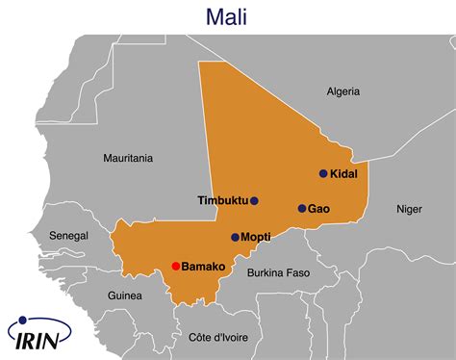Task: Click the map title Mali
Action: click(227, 16)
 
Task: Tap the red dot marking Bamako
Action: click(175, 266)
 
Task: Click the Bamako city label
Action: click(203, 266)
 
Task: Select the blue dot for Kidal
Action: click(323, 174)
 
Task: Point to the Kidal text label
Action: click(344, 174)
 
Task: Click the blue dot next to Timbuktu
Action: click(254, 201)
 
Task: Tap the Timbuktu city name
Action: click(222, 201)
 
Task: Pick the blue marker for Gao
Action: click(301, 208)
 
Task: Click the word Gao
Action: click(319, 208)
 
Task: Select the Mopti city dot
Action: click(235, 237)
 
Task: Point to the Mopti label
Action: click(256, 237)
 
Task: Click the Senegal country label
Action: click(68, 235)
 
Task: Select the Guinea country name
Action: click(124, 295)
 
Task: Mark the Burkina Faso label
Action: click(278, 272)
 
